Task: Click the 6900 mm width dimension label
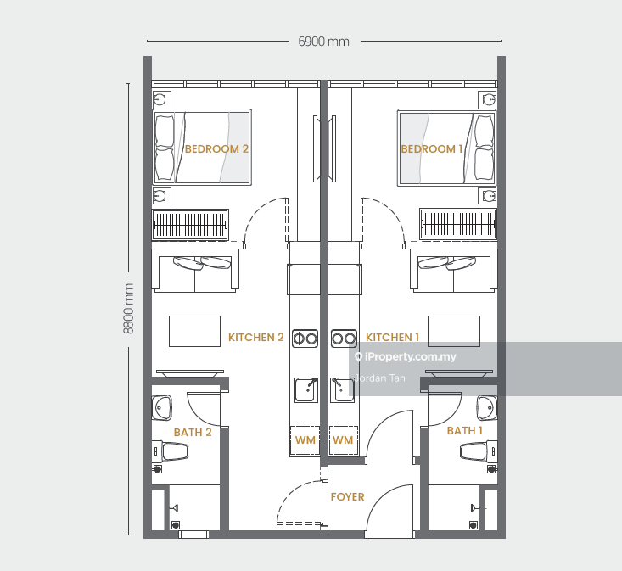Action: pyautogui.click(x=323, y=42)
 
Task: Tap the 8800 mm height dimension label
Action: pyautogui.click(x=128, y=309)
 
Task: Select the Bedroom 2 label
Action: pyautogui.click(x=216, y=149)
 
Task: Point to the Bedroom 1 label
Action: pyautogui.click(x=432, y=149)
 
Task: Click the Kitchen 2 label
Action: pyautogui.click(x=256, y=338)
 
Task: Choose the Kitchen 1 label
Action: pyautogui.click(x=392, y=338)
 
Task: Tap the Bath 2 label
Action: pyautogui.click(x=193, y=432)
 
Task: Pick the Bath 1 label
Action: pyautogui.click(x=465, y=431)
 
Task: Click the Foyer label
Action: pyautogui.click(x=348, y=497)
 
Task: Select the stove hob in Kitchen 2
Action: pyautogui.click(x=305, y=339)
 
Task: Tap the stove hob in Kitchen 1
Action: pyautogui.click(x=344, y=339)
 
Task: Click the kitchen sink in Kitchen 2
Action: pyautogui.click(x=306, y=389)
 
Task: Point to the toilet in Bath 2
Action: pyautogui.click(x=171, y=451)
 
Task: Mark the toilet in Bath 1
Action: pyautogui.click(x=478, y=451)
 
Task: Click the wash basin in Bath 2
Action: pyautogui.click(x=162, y=407)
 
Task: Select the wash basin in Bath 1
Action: pyautogui.click(x=487, y=407)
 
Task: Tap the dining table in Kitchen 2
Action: pyautogui.click(x=195, y=332)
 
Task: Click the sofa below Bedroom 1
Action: pyautogui.click(x=453, y=274)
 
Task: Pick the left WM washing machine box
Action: pyautogui.click(x=305, y=440)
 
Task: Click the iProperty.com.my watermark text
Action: pyautogui.click(x=410, y=357)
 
